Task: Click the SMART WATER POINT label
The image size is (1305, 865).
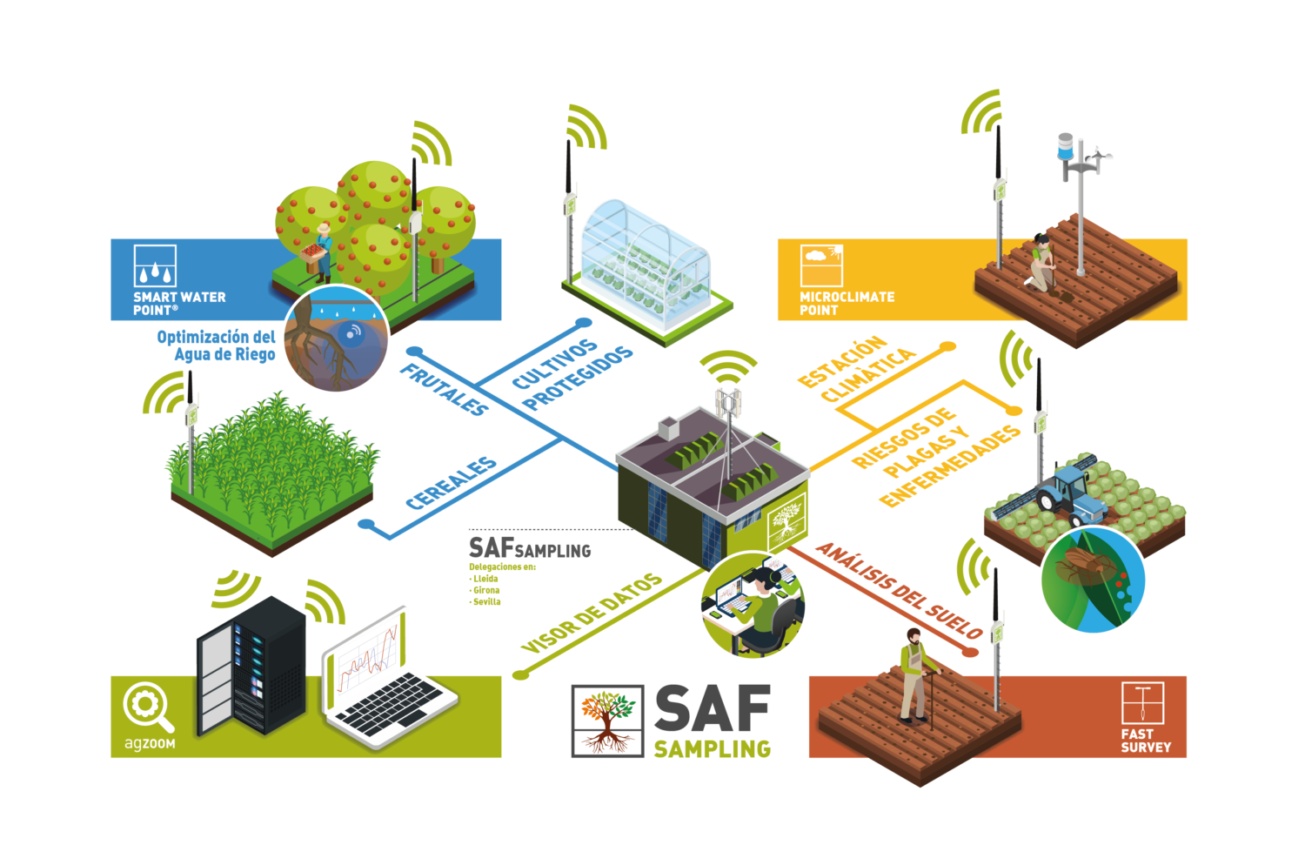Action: click(179, 303)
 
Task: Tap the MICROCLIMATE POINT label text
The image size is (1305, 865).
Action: click(847, 303)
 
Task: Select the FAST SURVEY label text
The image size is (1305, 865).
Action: click(1146, 741)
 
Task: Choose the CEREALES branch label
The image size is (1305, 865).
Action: click(452, 483)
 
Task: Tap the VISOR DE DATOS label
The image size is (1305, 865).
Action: click(592, 614)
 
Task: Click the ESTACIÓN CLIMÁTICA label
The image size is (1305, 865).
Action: click(856, 369)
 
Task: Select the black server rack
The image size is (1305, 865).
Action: click(251, 666)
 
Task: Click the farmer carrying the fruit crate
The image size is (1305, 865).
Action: click(321, 252)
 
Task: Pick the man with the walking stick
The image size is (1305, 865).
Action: click(913, 675)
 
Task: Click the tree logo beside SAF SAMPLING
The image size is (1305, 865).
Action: click(607, 721)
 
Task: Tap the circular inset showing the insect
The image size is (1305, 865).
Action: click(1094, 580)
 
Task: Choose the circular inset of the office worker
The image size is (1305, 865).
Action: click(753, 606)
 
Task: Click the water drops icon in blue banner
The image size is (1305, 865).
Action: click(155, 266)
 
